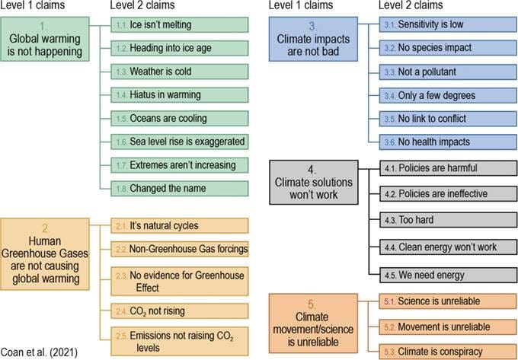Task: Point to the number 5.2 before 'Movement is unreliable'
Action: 390,327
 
